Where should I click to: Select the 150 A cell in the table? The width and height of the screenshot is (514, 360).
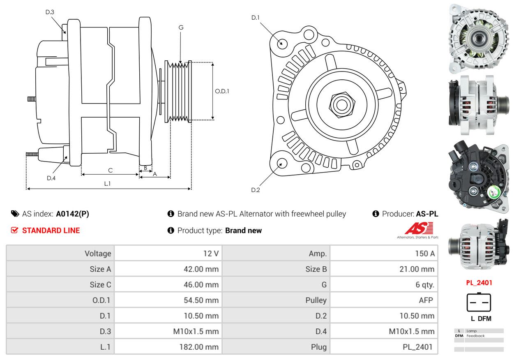424,254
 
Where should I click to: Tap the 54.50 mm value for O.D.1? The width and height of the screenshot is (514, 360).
201,300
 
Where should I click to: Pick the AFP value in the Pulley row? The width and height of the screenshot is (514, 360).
426,300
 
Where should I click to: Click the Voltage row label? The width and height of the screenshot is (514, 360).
98,254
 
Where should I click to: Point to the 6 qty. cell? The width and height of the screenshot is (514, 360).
424,285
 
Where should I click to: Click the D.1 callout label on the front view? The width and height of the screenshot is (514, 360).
256,18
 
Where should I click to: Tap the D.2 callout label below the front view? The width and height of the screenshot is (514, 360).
256,190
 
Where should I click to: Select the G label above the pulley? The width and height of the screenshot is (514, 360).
181,28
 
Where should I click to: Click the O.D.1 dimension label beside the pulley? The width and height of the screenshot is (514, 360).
222,91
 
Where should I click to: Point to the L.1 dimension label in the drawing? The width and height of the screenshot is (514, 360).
107,184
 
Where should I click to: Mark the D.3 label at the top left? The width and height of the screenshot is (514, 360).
50,12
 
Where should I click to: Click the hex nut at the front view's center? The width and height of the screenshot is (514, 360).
341,104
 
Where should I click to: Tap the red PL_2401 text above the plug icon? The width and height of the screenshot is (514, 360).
479,283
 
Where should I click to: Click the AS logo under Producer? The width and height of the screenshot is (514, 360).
418,229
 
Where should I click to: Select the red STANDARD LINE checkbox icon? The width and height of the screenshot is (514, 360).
15,231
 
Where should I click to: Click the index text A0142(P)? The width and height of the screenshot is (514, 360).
72,214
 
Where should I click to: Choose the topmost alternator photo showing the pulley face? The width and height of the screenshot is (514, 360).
478,39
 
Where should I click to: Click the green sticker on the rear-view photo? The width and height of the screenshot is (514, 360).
492,193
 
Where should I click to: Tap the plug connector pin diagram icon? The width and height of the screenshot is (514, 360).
479,303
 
